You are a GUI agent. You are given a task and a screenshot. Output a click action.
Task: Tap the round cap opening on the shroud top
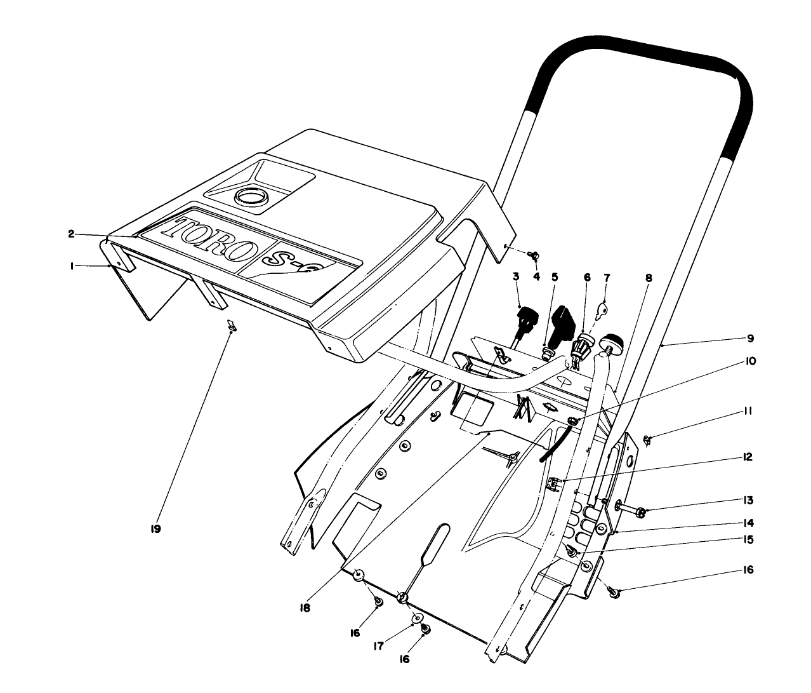point(252,196)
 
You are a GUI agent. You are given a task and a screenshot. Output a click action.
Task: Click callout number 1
point(74,267)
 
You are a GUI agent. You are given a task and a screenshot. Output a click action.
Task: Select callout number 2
point(72,234)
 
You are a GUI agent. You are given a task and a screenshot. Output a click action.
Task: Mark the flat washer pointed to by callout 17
point(417,617)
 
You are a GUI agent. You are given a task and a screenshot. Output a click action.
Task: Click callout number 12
point(749,457)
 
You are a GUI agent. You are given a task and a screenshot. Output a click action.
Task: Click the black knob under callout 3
point(526,316)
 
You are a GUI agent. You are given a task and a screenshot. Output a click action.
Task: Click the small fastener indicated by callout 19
point(232,326)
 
